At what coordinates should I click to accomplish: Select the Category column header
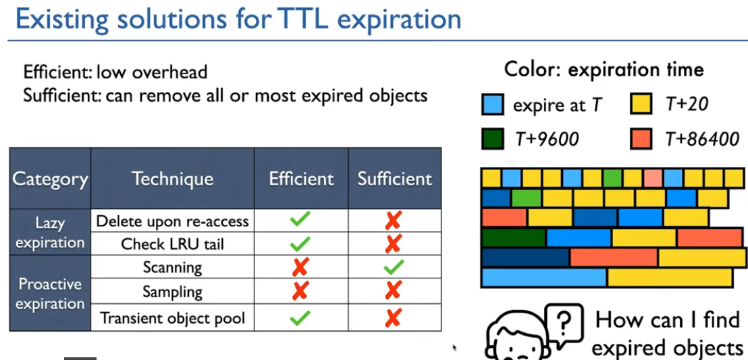[x=50, y=179]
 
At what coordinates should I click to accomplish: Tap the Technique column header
[x=172, y=179]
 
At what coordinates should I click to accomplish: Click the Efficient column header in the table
[x=301, y=179]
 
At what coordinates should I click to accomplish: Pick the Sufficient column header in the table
[x=394, y=179]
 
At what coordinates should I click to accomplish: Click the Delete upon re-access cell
[x=172, y=221]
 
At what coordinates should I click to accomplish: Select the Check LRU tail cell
[x=172, y=244]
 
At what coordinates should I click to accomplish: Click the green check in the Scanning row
[x=394, y=267]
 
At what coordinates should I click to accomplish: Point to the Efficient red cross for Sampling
[x=300, y=290]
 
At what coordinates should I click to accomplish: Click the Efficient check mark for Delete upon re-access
[x=300, y=219]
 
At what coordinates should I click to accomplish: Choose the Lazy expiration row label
[x=50, y=232]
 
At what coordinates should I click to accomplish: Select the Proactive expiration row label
[x=50, y=294]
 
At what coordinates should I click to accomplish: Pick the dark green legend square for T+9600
[x=492, y=139]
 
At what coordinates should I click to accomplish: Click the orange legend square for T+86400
[x=641, y=139]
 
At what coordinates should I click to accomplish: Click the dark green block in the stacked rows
[x=514, y=238]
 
